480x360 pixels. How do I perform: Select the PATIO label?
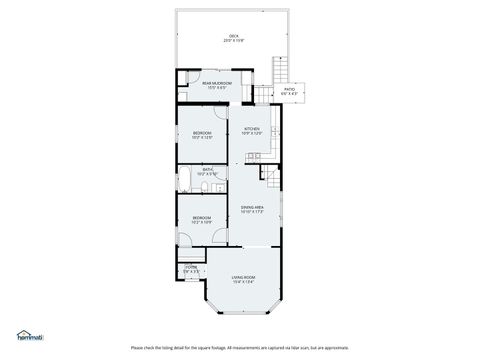[290, 90]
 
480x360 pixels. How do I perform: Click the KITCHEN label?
[252, 131]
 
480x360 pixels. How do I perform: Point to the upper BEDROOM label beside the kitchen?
[202, 134]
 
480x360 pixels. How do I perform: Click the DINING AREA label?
[252, 209]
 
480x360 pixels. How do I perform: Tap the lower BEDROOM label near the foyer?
[202, 219]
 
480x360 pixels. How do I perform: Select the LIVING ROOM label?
[243, 279]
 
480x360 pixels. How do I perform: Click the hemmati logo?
[27, 337]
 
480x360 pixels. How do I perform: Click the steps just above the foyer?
[187, 257]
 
